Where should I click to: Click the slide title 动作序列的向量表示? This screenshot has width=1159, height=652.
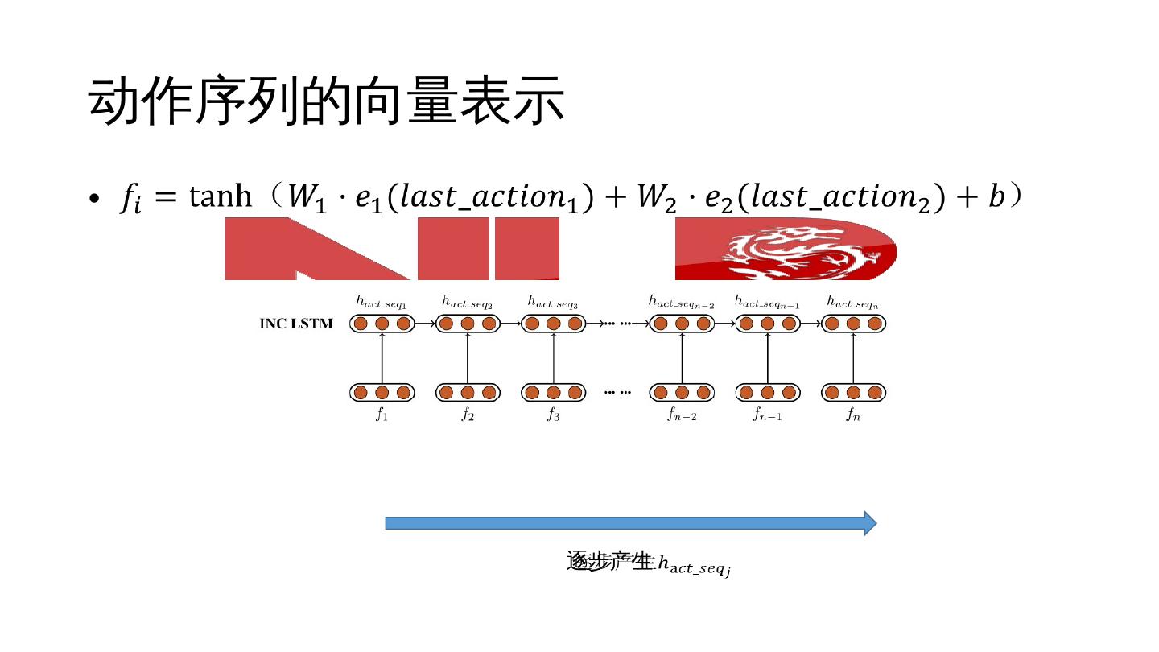click(x=326, y=102)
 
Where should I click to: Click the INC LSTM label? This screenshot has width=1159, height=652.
click(x=295, y=324)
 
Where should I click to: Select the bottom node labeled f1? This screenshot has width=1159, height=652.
click(x=382, y=393)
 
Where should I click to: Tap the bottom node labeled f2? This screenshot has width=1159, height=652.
click(x=468, y=393)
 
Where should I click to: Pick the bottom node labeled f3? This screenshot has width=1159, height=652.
click(x=553, y=393)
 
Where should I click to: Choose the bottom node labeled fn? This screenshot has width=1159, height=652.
click(x=853, y=393)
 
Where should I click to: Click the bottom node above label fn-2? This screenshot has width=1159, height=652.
click(x=682, y=393)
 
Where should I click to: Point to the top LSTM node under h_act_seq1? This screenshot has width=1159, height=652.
click(x=382, y=324)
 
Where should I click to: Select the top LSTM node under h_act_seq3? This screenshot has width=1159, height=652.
click(x=553, y=324)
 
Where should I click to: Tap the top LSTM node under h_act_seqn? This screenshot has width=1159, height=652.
click(x=853, y=324)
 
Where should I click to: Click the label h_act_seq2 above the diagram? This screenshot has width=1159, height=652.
click(x=467, y=302)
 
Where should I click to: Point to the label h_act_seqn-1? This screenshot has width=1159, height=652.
click(x=767, y=302)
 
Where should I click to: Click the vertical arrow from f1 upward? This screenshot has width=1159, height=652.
click(x=382, y=358)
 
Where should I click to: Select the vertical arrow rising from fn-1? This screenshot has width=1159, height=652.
click(x=767, y=358)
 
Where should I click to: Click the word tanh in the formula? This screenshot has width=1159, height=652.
click(x=221, y=196)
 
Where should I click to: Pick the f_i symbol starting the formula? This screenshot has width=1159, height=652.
click(x=130, y=199)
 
